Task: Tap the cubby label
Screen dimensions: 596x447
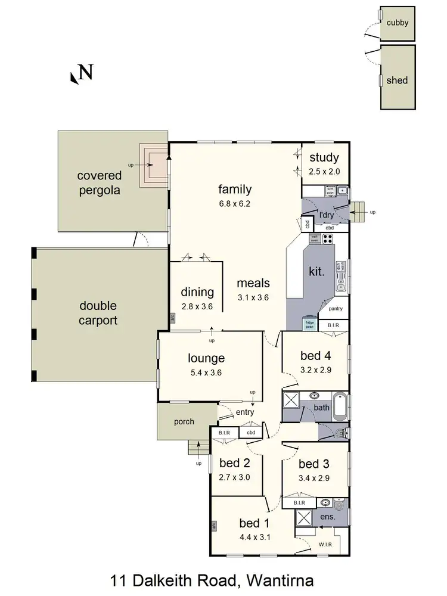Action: tap(398, 23)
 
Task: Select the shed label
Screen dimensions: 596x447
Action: tap(398, 80)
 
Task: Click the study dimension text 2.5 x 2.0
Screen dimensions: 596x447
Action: tap(324, 172)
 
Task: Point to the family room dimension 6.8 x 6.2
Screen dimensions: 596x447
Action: tap(235, 203)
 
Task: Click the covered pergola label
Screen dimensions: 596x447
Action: tap(99, 183)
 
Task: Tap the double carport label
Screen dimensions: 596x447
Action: tap(99, 312)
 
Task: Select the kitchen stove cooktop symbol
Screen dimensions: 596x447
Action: tap(327, 240)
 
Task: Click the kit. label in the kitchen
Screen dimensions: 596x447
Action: tap(316, 272)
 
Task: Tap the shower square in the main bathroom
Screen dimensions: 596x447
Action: tap(290, 399)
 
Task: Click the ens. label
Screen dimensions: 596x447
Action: tap(327, 517)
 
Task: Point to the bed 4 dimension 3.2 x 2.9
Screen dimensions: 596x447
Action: tap(315, 370)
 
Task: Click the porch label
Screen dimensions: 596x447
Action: tap(184, 421)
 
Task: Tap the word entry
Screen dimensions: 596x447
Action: tap(245, 412)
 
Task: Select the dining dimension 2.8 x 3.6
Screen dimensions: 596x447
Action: tap(197, 307)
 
